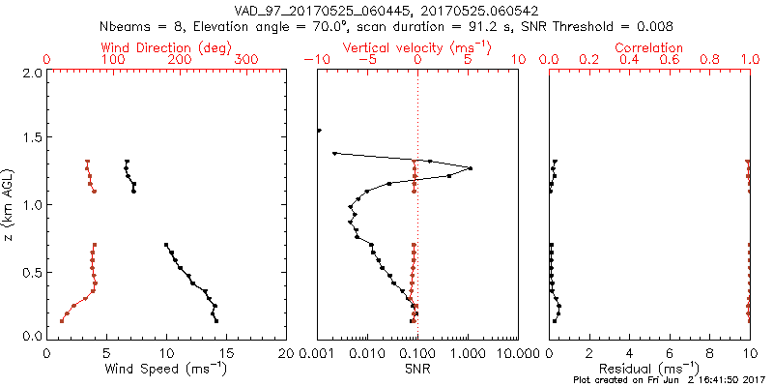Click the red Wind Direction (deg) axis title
click(x=166, y=47)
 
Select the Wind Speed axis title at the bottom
click(x=166, y=370)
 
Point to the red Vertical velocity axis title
click(x=416, y=47)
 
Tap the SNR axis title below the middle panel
click(x=417, y=370)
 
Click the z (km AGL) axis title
click(x=9, y=204)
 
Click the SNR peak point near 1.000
click(x=470, y=168)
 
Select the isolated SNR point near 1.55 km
click(x=319, y=131)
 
